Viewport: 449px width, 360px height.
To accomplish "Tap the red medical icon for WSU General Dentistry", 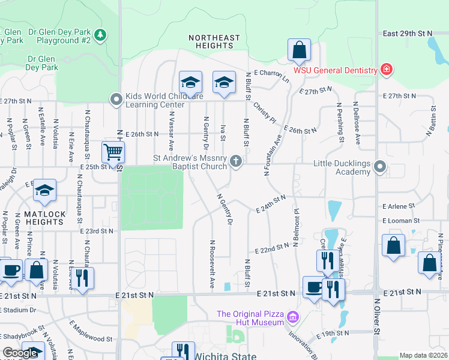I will click(x=387, y=70).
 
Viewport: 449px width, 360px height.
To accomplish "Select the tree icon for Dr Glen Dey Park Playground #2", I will click(x=101, y=35).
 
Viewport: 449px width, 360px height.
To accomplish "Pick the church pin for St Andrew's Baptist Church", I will click(x=237, y=161).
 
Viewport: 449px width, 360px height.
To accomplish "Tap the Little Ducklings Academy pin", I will click(x=379, y=166).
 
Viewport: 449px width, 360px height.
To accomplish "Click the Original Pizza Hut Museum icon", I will click(x=292, y=316).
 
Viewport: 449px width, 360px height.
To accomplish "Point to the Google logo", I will click(x=20, y=353).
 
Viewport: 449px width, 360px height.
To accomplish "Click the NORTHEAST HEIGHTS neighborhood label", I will click(x=210, y=41).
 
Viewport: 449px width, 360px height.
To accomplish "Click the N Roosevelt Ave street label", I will click(x=212, y=265).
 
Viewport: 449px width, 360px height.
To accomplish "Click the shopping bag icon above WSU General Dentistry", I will click(x=299, y=50).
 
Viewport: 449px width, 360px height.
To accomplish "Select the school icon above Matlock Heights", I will click(x=44, y=191).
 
